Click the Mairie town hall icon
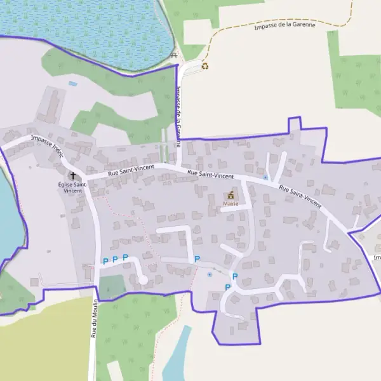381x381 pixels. (231, 195)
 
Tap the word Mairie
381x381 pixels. (231, 204)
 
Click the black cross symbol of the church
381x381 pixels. (72, 175)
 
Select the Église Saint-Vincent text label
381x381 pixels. (72, 187)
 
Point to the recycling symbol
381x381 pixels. (204, 65)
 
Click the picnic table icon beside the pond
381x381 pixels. (174, 55)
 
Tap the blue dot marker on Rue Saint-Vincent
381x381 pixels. (265, 178)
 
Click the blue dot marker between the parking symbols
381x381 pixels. (210, 274)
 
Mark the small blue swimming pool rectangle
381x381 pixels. (72, 83)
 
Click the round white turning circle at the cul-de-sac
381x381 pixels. (144, 279)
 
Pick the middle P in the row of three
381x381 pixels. (115, 259)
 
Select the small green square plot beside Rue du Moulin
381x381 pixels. (112, 287)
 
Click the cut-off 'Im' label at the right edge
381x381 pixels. (377, 258)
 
